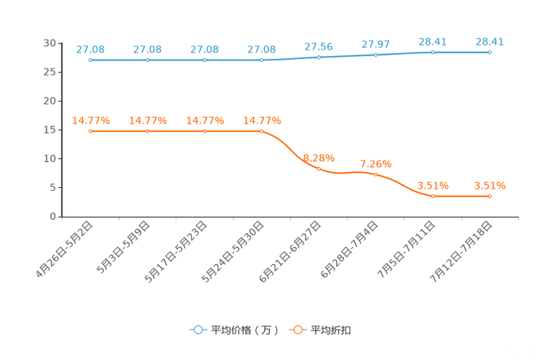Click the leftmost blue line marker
[90, 60]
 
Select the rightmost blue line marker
[491, 52]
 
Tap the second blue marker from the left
[147, 60]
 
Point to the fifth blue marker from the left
[319, 57]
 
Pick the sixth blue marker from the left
[375, 54]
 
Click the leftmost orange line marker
[90, 131]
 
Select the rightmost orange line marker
[491, 196]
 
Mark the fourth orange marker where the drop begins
[262, 131]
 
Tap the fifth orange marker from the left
[319, 168]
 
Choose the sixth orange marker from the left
[375, 173]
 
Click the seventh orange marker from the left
[433, 196]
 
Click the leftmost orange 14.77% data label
[91, 120]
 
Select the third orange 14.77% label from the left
[205, 120]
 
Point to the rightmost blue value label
[489, 41]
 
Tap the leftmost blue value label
[91, 49]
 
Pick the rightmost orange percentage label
[489, 186]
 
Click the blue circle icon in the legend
[198, 330]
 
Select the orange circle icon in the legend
[298, 330]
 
